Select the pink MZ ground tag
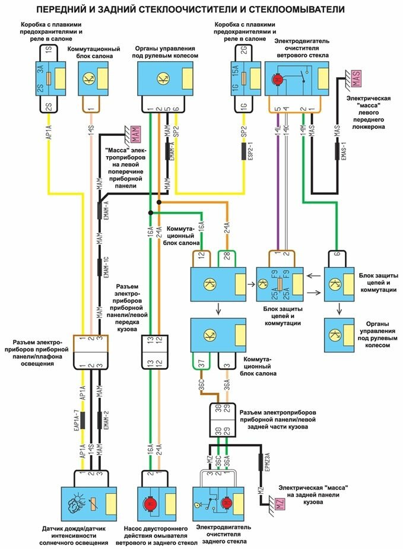(280, 504)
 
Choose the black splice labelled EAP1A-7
(82, 420)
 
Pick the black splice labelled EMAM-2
(99, 420)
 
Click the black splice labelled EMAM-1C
(99, 268)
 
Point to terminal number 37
(201, 363)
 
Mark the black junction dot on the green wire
(151, 212)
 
